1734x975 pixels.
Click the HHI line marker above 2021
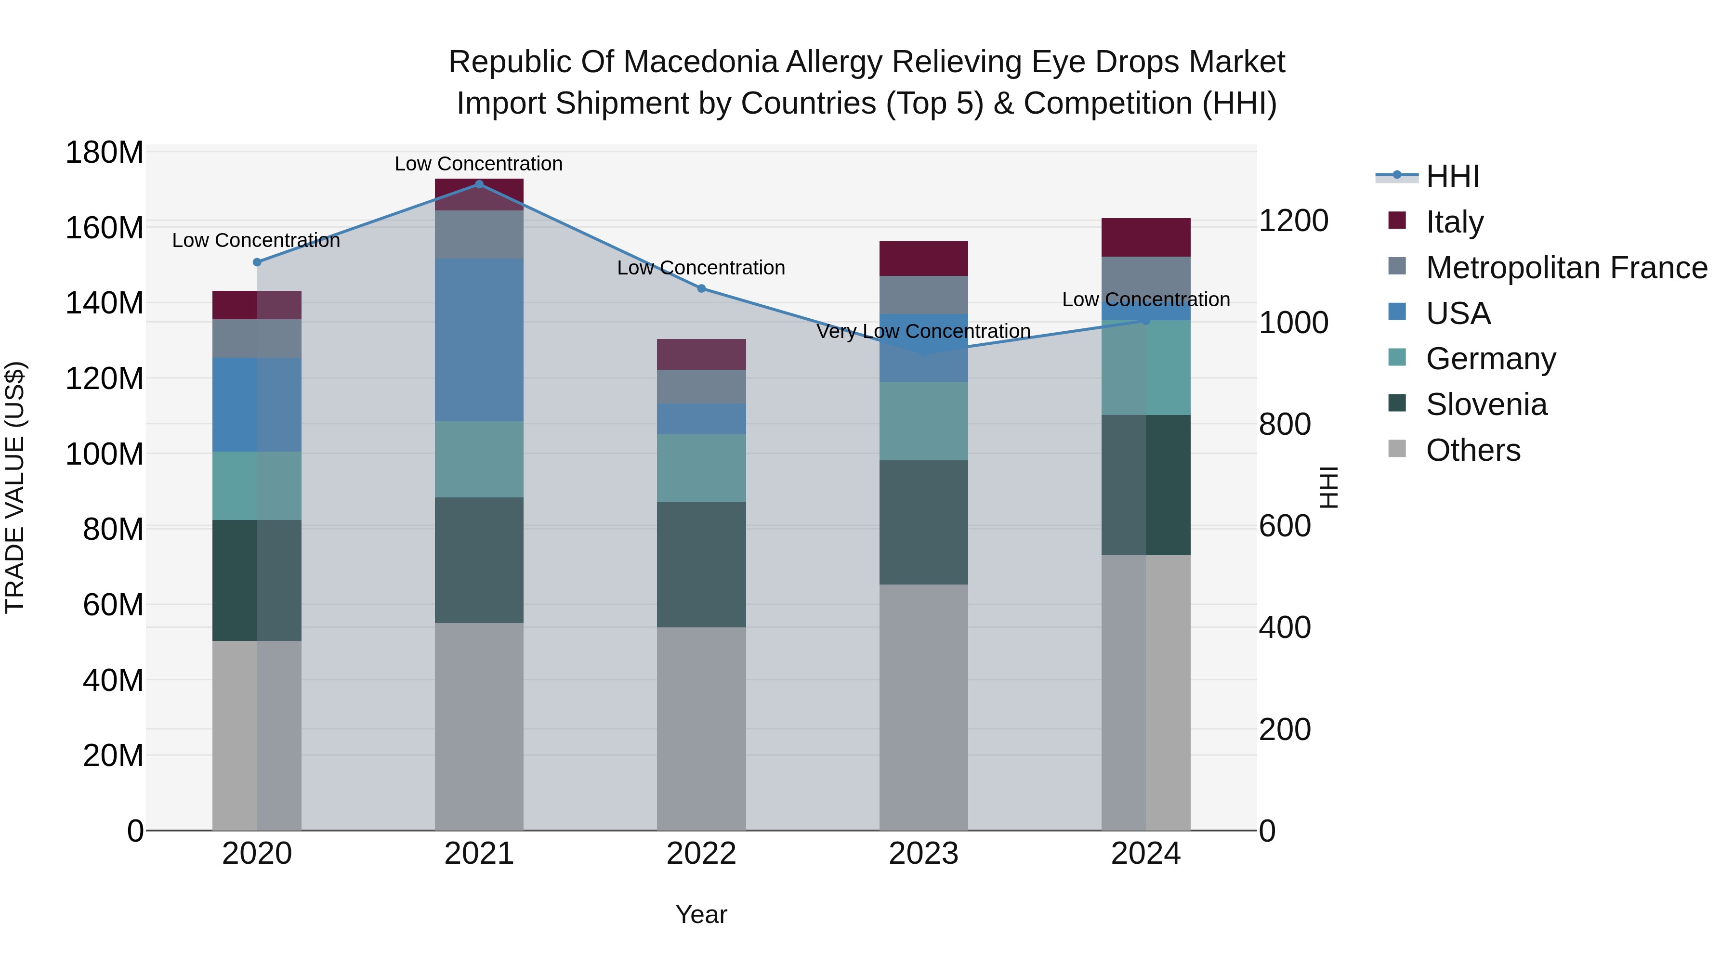pos(479,184)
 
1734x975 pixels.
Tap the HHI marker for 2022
pos(701,289)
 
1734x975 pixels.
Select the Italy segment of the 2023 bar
pos(923,259)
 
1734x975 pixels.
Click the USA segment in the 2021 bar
pos(479,340)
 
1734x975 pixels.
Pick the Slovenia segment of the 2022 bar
pos(701,565)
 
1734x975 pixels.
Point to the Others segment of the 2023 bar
pos(923,706)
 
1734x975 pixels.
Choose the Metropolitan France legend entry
pos(1566,268)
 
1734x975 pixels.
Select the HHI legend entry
pos(1451,176)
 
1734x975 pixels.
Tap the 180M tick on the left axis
pos(105,153)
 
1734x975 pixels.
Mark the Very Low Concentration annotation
pos(923,332)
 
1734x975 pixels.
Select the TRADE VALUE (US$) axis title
pos(15,487)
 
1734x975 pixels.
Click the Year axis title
pos(701,914)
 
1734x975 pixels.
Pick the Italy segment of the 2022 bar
pos(701,354)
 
